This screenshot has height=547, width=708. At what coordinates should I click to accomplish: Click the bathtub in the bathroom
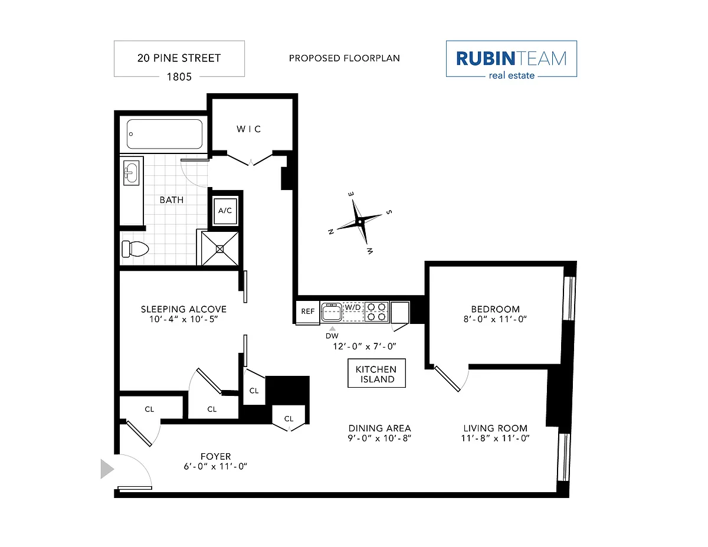click(x=164, y=134)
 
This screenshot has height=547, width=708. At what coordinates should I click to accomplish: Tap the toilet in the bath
click(x=135, y=249)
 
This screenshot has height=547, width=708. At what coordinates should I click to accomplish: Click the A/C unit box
click(x=225, y=211)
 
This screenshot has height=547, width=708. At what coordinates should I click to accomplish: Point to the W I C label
click(x=249, y=129)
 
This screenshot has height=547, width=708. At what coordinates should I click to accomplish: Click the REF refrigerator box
click(x=307, y=312)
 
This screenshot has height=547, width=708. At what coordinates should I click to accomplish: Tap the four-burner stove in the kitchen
click(x=376, y=312)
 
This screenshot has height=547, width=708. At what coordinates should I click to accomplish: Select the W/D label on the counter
click(x=353, y=307)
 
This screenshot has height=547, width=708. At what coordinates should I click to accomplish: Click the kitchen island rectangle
click(x=376, y=373)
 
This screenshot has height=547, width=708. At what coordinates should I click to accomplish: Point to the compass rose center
click(x=360, y=222)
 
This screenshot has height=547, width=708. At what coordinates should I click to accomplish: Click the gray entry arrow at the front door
click(x=107, y=469)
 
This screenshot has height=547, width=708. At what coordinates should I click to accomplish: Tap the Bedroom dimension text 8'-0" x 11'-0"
click(x=495, y=319)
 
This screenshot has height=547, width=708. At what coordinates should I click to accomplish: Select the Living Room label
click(x=495, y=428)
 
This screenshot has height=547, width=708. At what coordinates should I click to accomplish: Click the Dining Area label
click(x=379, y=428)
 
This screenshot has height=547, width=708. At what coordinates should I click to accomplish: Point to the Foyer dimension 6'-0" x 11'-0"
click(x=215, y=467)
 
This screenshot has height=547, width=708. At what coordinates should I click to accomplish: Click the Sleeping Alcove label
click(x=183, y=309)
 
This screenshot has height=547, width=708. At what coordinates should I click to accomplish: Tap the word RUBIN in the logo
click(x=486, y=58)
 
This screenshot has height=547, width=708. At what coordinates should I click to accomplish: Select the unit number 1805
click(x=179, y=77)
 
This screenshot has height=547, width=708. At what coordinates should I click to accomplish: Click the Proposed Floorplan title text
click(x=345, y=58)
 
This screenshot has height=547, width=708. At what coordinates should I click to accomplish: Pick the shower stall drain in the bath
click(x=220, y=249)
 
